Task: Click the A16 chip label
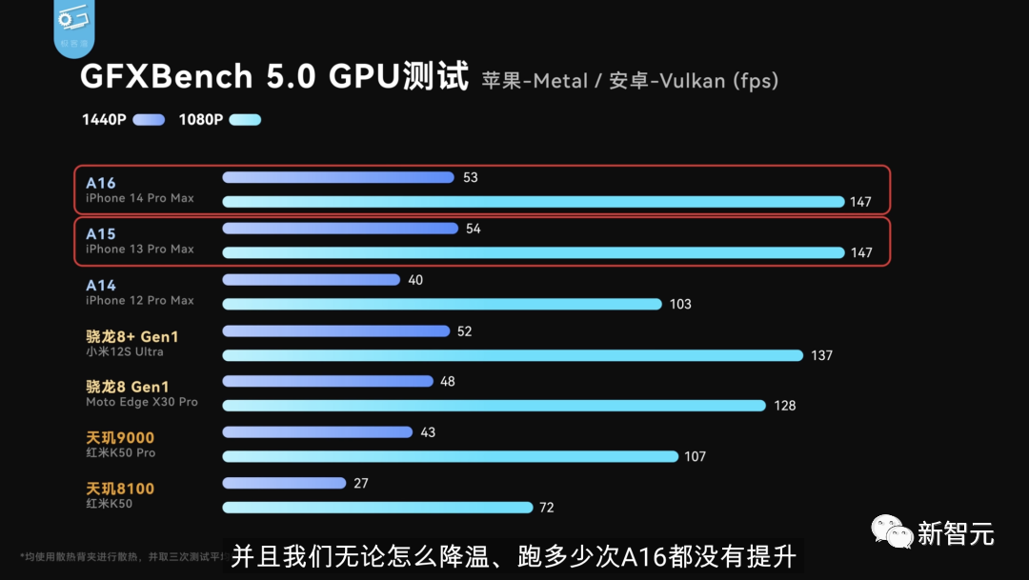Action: (100, 183)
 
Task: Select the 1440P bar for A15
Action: (340, 229)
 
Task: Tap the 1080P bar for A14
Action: (441, 304)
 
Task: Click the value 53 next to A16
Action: (470, 177)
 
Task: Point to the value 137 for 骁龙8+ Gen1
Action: (821, 355)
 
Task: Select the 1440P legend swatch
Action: (150, 120)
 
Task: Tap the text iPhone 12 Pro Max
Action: (139, 301)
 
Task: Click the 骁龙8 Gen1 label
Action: (127, 387)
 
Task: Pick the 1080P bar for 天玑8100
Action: (377, 508)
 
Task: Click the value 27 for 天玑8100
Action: (360, 484)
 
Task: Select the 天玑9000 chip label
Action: (120, 438)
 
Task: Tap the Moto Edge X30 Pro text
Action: (142, 402)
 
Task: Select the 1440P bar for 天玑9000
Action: (317, 431)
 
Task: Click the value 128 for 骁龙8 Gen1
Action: (785, 406)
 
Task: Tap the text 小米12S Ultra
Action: (125, 351)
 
